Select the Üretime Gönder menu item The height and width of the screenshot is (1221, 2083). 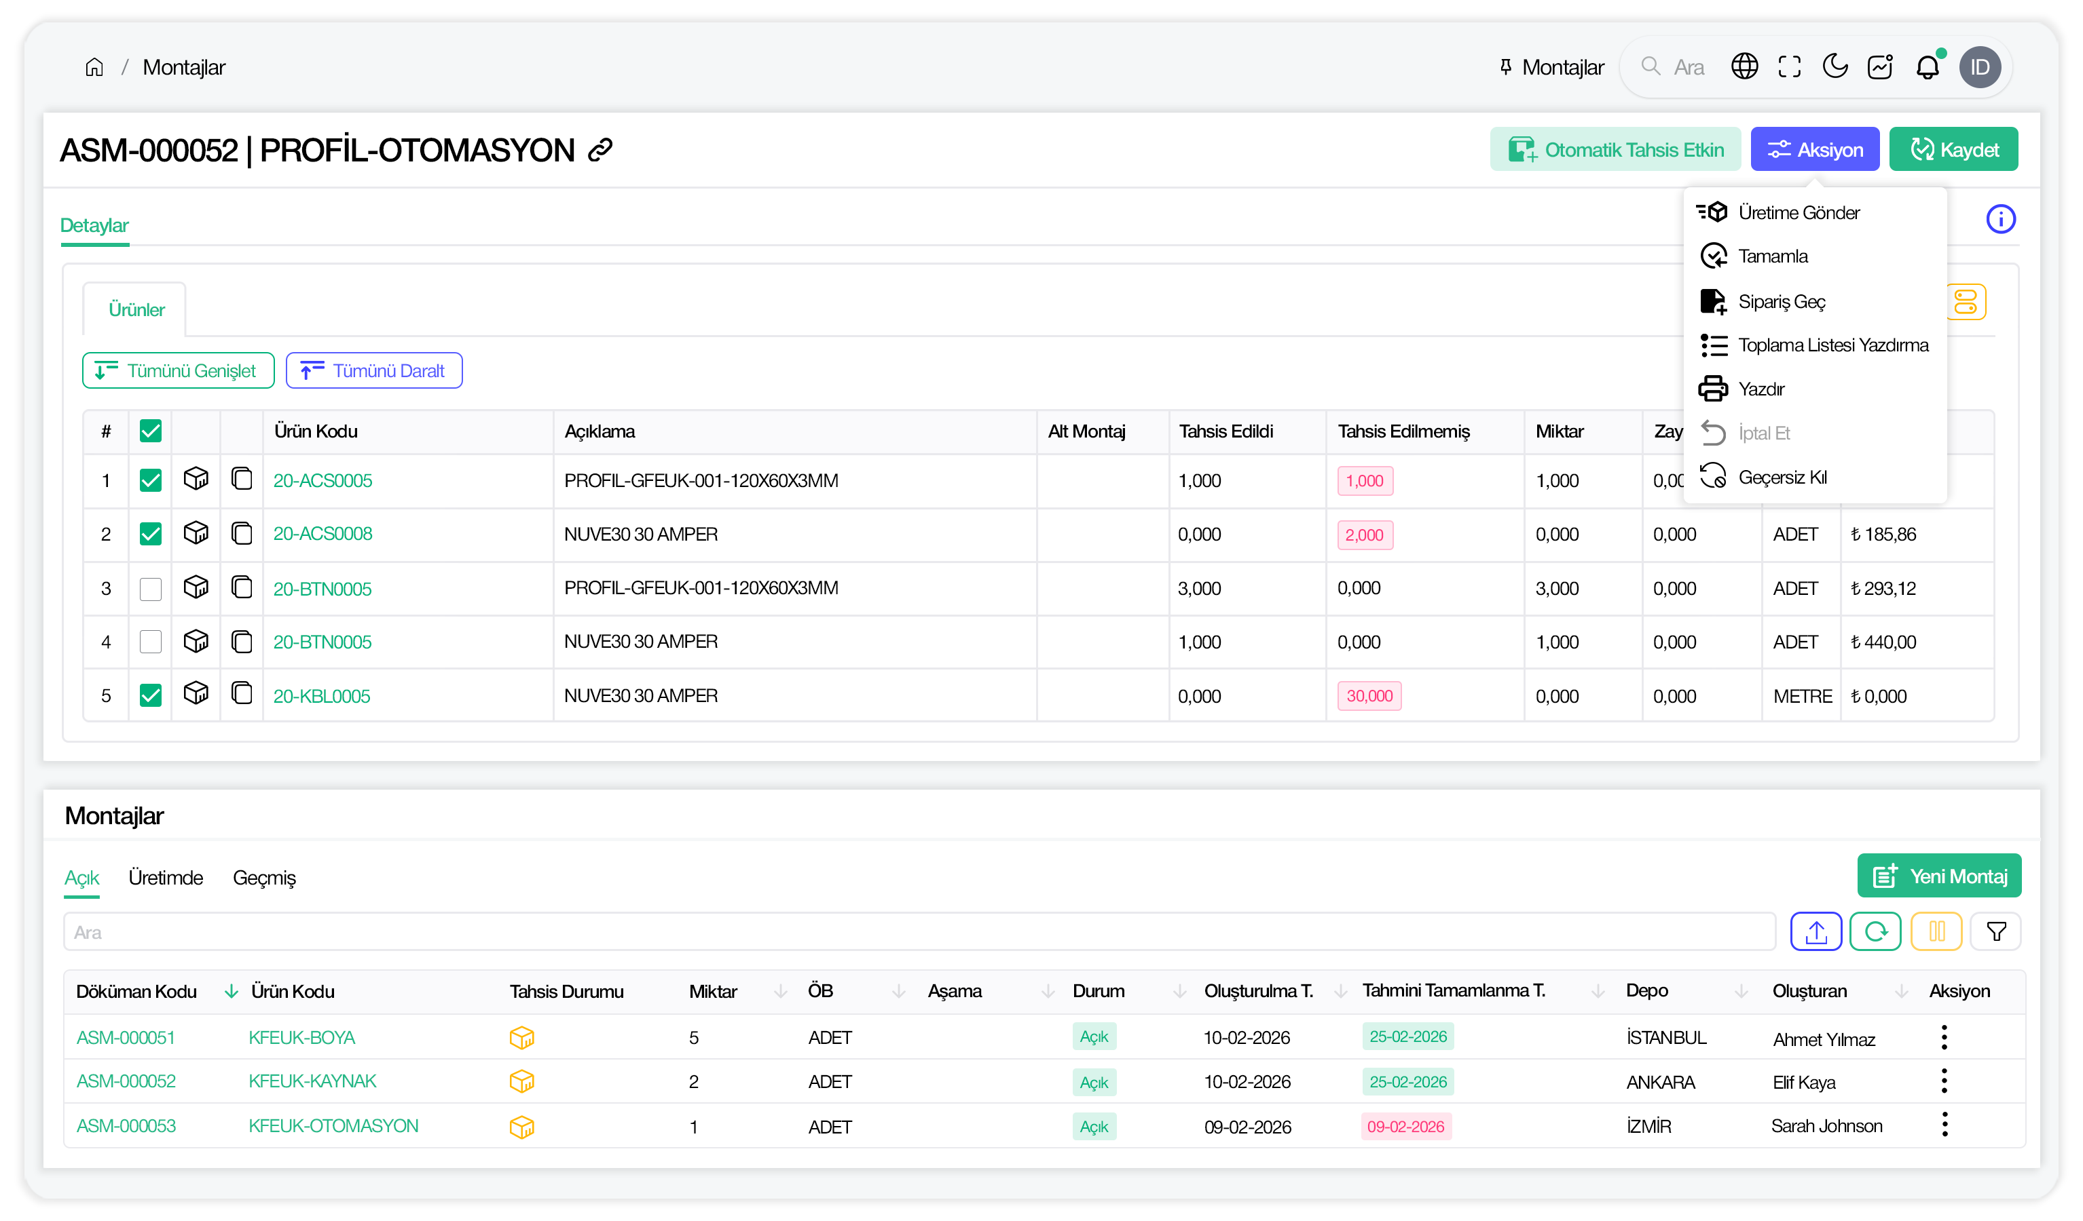click(1798, 212)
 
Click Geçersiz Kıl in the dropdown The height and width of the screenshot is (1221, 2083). click(1782, 478)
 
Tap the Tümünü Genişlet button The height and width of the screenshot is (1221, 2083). click(178, 371)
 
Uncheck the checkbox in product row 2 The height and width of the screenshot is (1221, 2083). click(151, 534)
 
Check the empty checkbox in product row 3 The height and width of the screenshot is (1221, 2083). click(151, 588)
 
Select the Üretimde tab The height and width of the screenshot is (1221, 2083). click(165, 877)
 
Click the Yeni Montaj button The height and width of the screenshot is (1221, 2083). click(1938, 876)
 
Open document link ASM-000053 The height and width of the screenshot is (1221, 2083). click(126, 1126)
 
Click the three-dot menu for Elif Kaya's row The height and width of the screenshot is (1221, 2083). click(1943, 1081)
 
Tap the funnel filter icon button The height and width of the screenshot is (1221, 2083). click(1995, 932)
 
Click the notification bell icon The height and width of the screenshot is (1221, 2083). click(1927, 68)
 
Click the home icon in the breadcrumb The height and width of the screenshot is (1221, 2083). click(94, 68)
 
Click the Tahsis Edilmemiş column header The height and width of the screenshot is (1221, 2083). click(1403, 431)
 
